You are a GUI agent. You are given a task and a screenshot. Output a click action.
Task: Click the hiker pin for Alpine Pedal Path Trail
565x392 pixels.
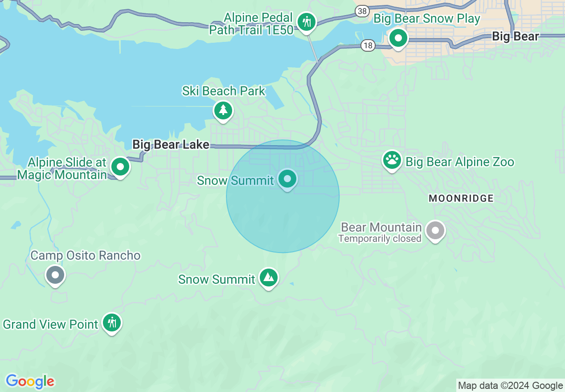pyautogui.click(x=307, y=21)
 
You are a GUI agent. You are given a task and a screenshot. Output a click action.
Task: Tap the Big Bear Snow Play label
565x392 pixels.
pyautogui.click(x=426, y=19)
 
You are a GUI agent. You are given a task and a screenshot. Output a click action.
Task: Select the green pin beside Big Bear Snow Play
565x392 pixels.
pyautogui.click(x=398, y=38)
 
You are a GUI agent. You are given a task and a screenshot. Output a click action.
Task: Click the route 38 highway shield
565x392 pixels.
pyautogui.click(x=362, y=10)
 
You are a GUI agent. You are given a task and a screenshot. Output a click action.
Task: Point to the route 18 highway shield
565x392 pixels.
pyautogui.click(x=368, y=45)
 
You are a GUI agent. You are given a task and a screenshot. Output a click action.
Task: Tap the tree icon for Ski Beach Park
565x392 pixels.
pyautogui.click(x=223, y=110)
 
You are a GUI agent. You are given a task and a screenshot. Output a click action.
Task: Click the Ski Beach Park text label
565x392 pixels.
pyautogui.click(x=224, y=91)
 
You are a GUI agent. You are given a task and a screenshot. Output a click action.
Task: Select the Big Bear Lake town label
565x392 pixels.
pyautogui.click(x=171, y=144)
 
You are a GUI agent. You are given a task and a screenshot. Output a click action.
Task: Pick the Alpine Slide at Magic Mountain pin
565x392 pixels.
pyautogui.click(x=120, y=167)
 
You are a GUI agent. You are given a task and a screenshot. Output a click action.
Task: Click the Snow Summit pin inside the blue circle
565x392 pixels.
pyautogui.click(x=287, y=179)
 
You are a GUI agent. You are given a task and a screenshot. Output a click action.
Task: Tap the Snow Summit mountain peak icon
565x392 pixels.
pyautogui.click(x=268, y=278)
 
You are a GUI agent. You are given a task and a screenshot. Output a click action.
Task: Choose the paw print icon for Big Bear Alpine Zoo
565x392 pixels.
pyautogui.click(x=392, y=160)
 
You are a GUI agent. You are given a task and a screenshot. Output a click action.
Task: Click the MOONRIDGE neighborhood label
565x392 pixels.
pyautogui.click(x=461, y=199)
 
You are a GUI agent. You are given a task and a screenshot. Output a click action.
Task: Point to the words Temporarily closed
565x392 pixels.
pyautogui.click(x=380, y=239)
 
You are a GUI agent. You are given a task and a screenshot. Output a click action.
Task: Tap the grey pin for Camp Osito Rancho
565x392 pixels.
pyautogui.click(x=55, y=275)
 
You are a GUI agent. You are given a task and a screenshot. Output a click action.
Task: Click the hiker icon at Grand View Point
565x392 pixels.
pyautogui.click(x=111, y=323)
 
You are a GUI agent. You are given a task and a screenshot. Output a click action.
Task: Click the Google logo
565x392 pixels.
pyautogui.click(x=30, y=381)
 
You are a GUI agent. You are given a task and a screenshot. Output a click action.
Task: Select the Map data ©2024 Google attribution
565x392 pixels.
pyautogui.click(x=511, y=386)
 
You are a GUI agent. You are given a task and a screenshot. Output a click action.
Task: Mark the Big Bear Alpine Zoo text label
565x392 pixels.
pyautogui.click(x=460, y=162)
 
